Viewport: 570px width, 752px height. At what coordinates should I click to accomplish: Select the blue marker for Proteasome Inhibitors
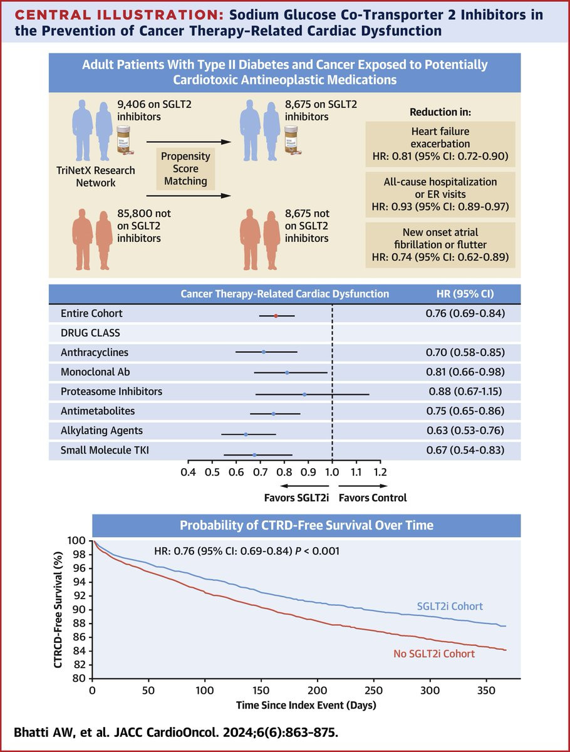tap(304, 394)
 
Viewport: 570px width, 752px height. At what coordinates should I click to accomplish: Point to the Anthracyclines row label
tap(95, 352)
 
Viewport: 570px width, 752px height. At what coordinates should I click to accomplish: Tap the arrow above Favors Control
tap(363, 486)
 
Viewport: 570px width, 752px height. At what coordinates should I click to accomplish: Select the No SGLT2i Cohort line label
tap(434, 654)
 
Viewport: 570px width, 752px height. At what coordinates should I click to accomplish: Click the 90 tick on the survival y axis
tap(79, 610)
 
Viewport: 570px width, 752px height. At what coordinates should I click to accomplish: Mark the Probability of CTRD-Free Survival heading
tap(307, 525)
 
